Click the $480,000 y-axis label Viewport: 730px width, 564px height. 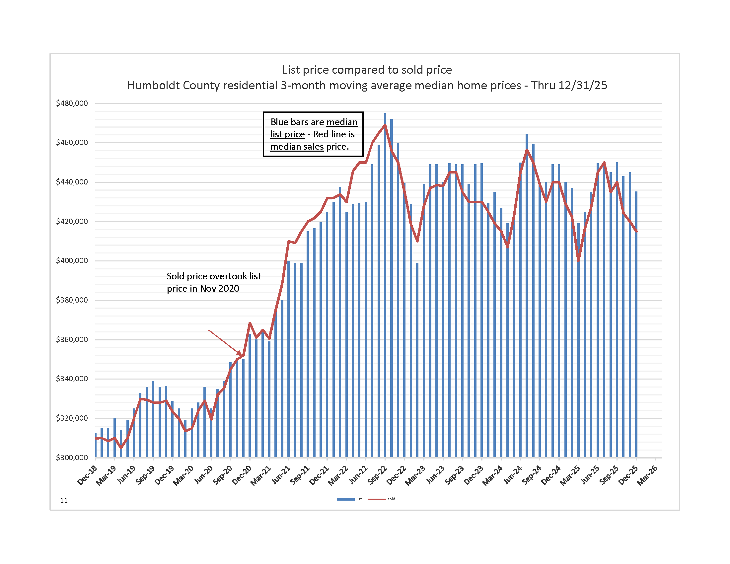(72, 103)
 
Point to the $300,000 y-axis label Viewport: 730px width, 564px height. (72, 458)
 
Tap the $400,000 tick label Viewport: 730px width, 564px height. (72, 261)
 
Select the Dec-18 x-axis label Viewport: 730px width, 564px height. (87, 475)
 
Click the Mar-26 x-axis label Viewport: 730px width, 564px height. (647, 475)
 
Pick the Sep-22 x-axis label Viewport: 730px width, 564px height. (377, 475)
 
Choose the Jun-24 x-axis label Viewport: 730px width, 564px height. (512, 475)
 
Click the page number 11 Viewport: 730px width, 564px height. (64, 500)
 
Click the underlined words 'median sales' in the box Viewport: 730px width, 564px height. (297, 147)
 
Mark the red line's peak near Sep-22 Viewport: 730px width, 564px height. (385, 125)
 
